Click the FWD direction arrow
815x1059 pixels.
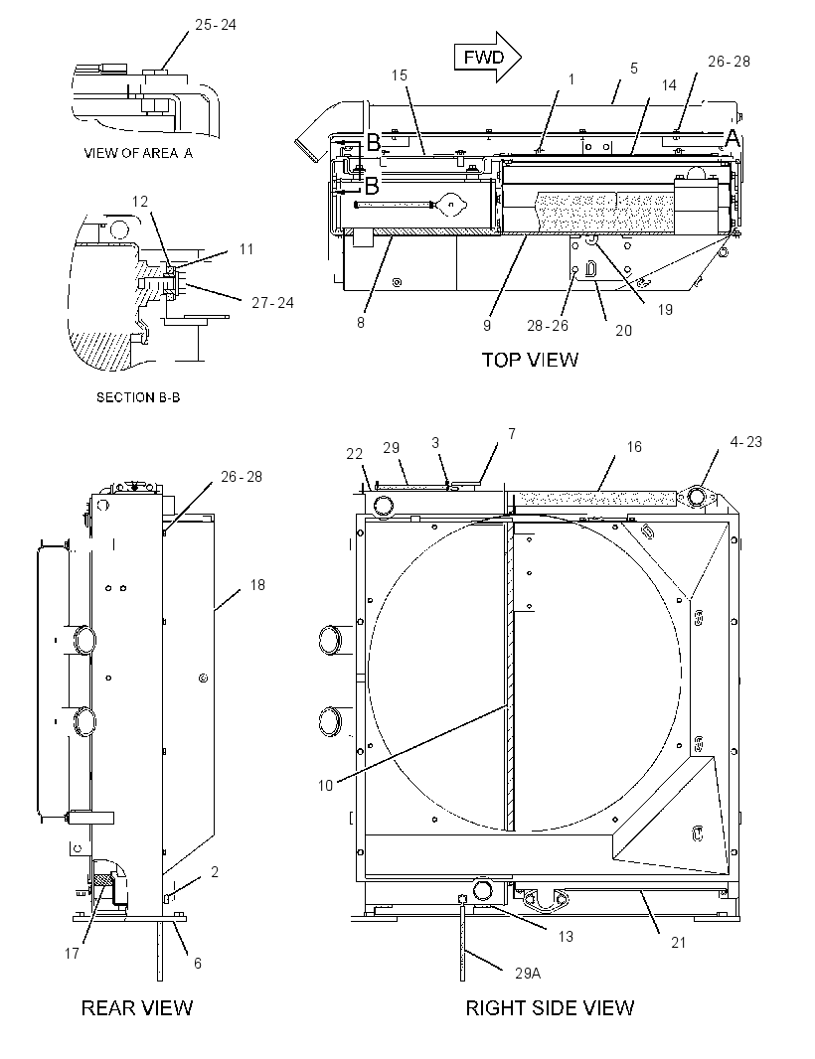487,58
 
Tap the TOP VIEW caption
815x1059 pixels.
530,360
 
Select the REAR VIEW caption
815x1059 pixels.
137,1008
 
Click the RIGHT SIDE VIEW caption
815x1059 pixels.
550,1008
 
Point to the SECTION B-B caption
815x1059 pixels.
138,397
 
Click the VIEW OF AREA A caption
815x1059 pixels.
138,153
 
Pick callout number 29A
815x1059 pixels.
528,974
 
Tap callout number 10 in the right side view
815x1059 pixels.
326,786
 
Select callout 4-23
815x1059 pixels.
746,442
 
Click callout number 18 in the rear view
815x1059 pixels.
257,585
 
